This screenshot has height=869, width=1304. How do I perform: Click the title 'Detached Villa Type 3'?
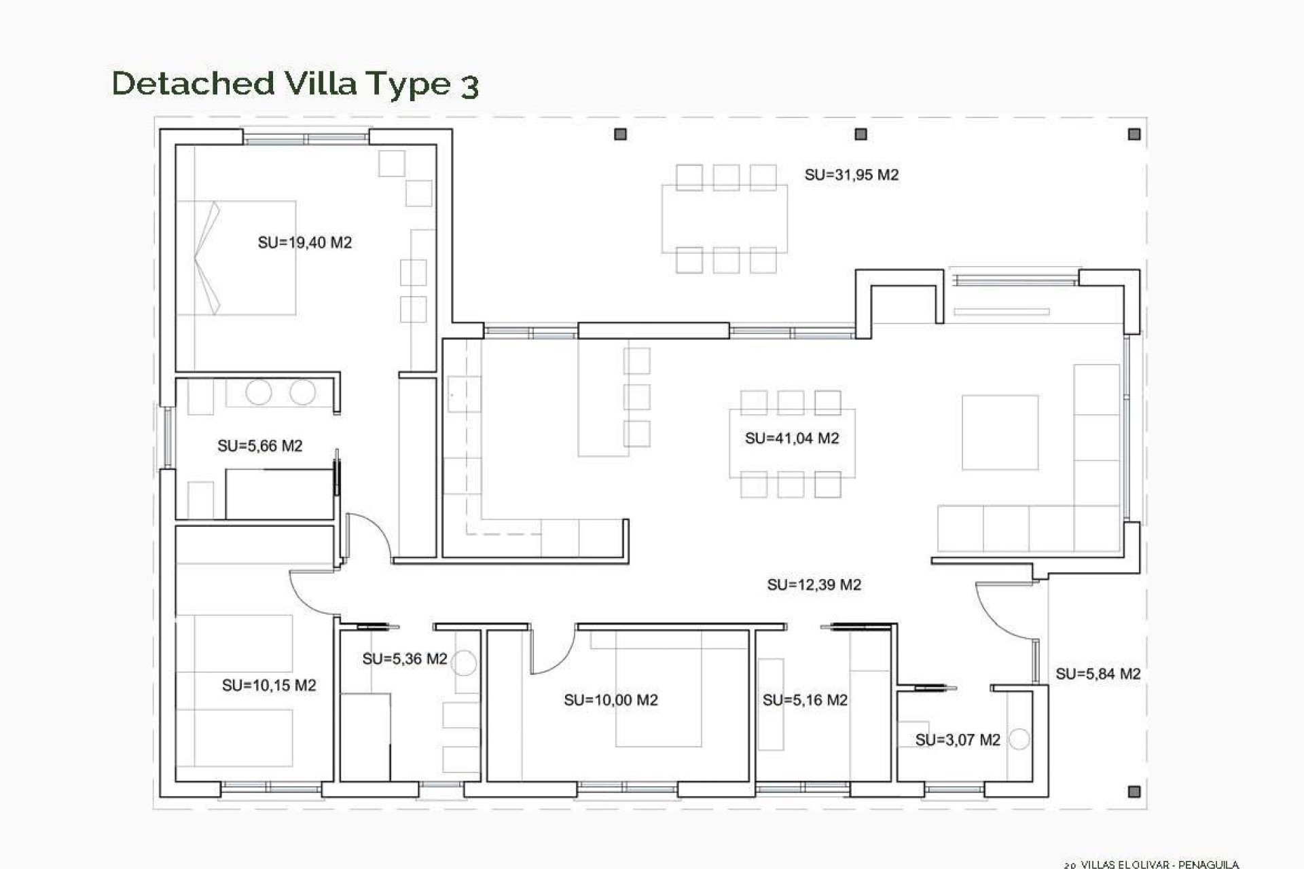coord(295,84)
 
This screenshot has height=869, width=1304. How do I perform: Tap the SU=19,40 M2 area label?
coord(304,242)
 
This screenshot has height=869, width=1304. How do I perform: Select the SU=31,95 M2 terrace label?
coord(851,174)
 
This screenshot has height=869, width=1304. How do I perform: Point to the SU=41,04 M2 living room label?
coord(792,438)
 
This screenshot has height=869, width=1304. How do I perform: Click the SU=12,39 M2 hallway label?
coord(814,585)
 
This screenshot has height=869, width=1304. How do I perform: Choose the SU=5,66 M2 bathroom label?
coord(259,446)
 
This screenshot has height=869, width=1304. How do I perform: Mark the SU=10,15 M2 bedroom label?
coord(269,686)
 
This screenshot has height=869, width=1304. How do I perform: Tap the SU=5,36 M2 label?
coord(404,659)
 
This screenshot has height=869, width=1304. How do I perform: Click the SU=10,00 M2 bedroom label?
coord(611,700)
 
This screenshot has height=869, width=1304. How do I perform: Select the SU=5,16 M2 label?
coord(805,700)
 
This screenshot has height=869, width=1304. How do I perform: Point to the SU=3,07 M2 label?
coord(958,740)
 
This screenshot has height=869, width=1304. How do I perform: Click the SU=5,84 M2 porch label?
coord(1098,673)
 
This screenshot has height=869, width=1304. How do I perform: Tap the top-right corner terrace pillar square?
coord(1134,134)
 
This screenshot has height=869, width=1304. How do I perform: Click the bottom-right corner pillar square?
coord(1133,792)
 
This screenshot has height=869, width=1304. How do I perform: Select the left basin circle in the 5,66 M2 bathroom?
coord(259,392)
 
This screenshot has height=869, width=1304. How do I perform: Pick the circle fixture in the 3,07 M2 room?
coord(1019,739)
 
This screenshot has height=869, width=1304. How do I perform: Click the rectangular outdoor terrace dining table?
coord(725,219)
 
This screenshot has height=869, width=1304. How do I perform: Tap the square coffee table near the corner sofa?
coord(1000,432)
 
